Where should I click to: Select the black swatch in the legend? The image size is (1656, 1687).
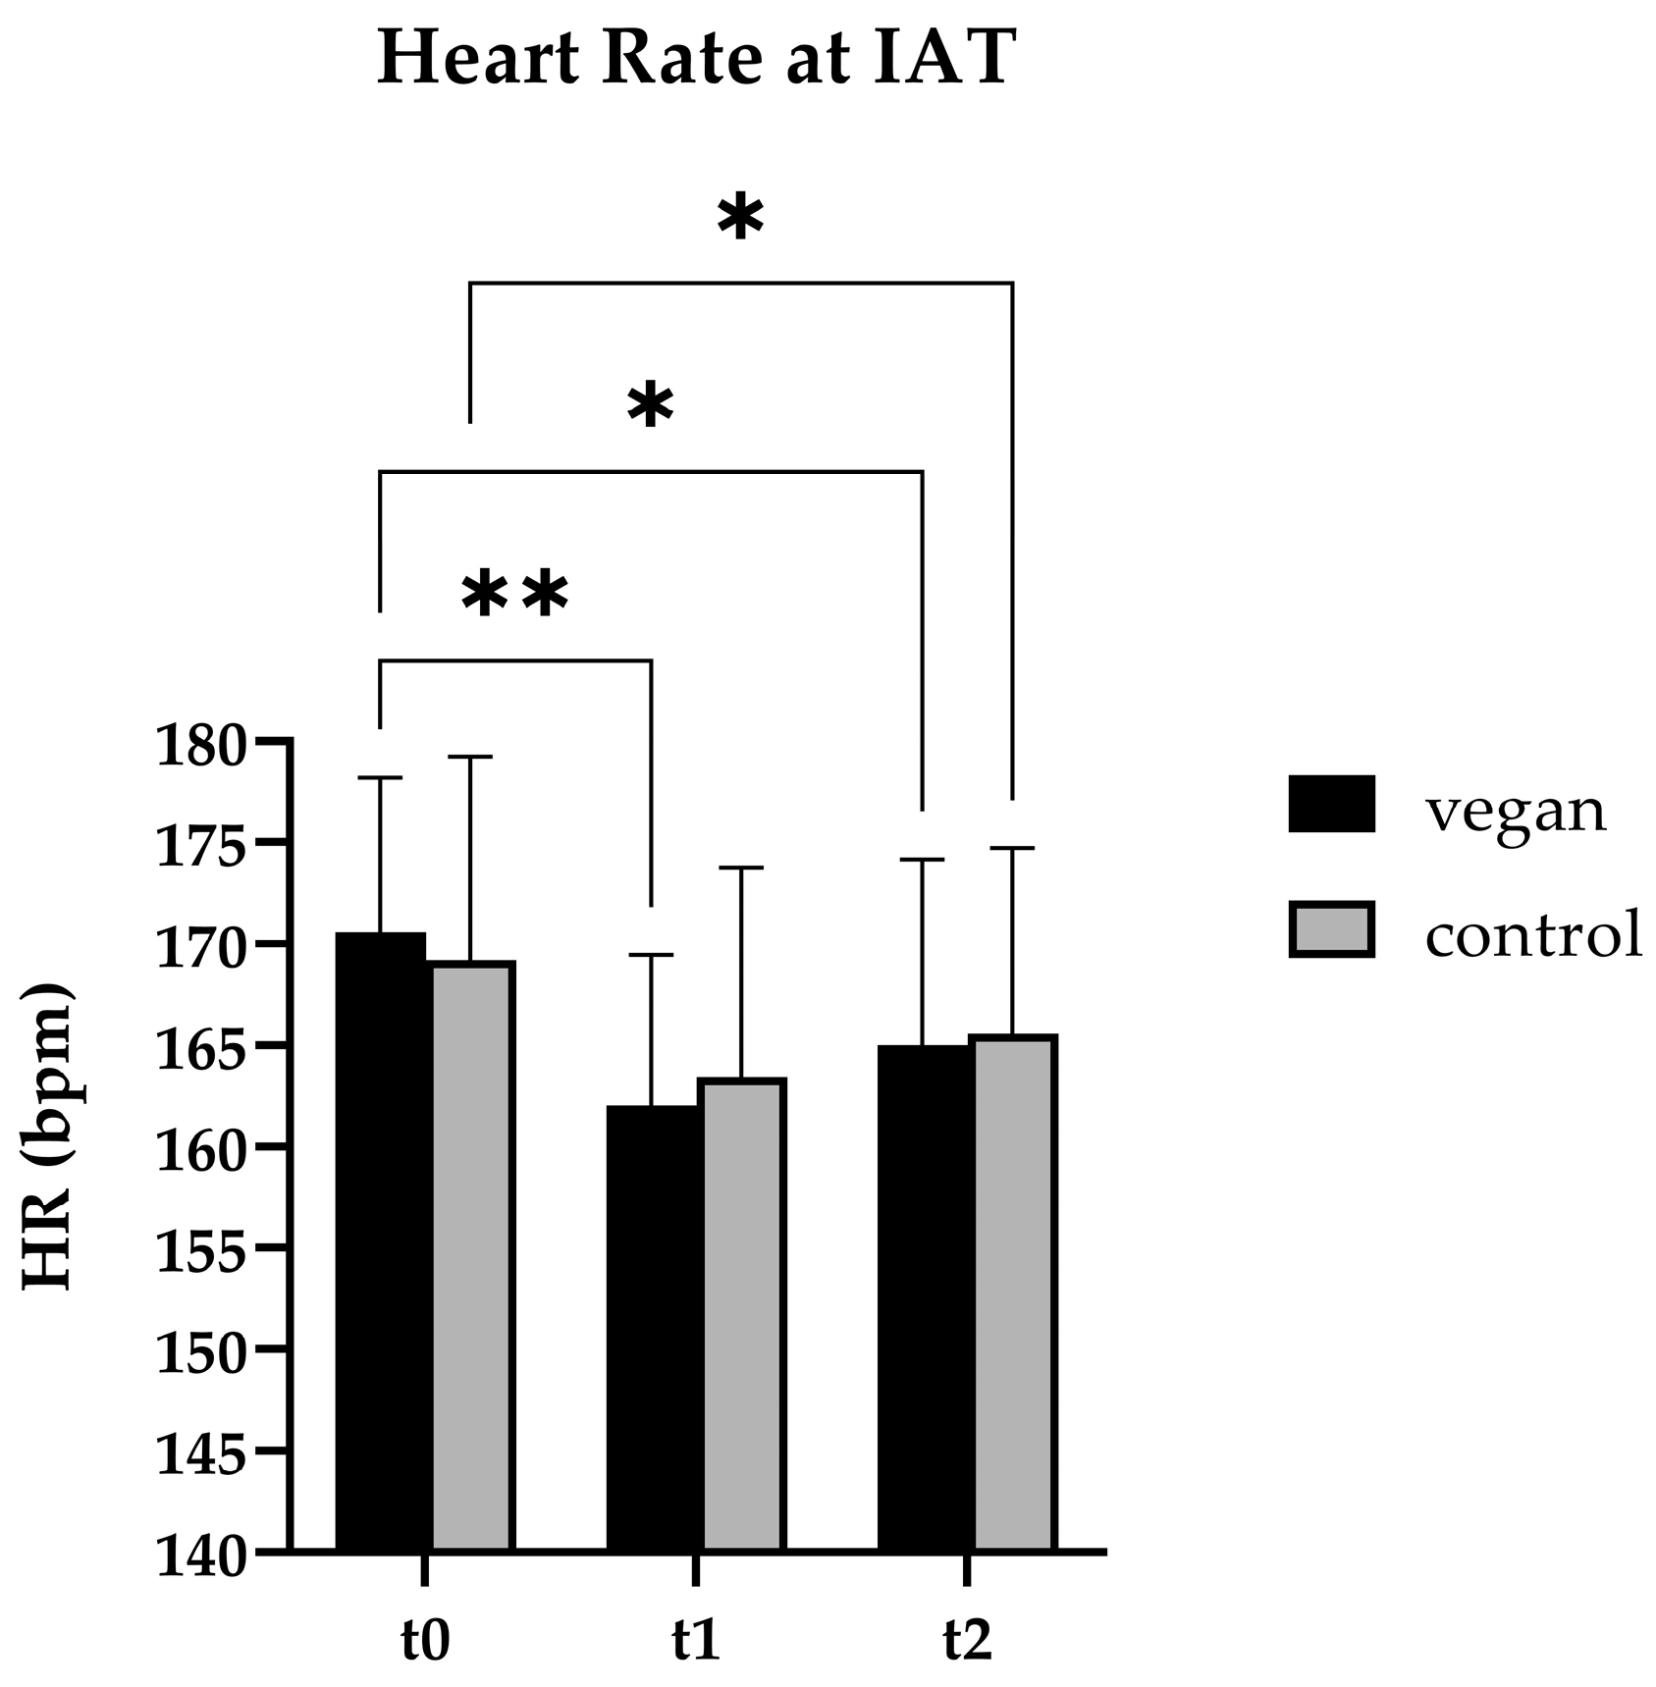1331,804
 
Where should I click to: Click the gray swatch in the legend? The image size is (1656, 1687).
1331,929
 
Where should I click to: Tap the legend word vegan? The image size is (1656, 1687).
1516,811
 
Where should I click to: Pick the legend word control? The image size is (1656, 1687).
1533,934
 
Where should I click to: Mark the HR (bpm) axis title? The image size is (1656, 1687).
47,1135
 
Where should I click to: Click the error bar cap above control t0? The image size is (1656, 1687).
470,757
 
